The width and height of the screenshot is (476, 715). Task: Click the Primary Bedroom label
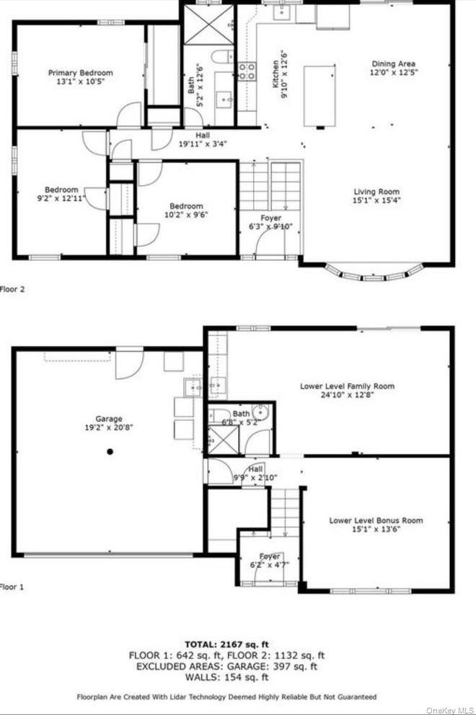tap(81, 73)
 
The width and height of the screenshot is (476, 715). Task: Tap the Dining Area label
tap(394, 63)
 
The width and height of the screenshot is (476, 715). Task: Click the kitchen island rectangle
tap(319, 96)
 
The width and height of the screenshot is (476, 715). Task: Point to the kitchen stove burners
tap(247, 71)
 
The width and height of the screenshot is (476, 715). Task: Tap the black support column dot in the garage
tap(110, 452)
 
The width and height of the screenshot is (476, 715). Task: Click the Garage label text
tap(110, 419)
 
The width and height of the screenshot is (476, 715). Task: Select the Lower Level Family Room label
tap(347, 386)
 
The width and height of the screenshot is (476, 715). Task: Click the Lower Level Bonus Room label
tap(376, 520)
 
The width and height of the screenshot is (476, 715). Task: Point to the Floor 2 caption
tap(12, 289)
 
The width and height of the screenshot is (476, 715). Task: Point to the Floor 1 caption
tap(12, 587)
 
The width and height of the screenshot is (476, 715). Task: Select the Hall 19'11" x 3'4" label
tap(203, 139)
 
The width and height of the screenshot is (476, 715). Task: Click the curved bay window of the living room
tap(372, 274)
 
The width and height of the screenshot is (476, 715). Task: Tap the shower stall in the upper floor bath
tap(209, 26)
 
